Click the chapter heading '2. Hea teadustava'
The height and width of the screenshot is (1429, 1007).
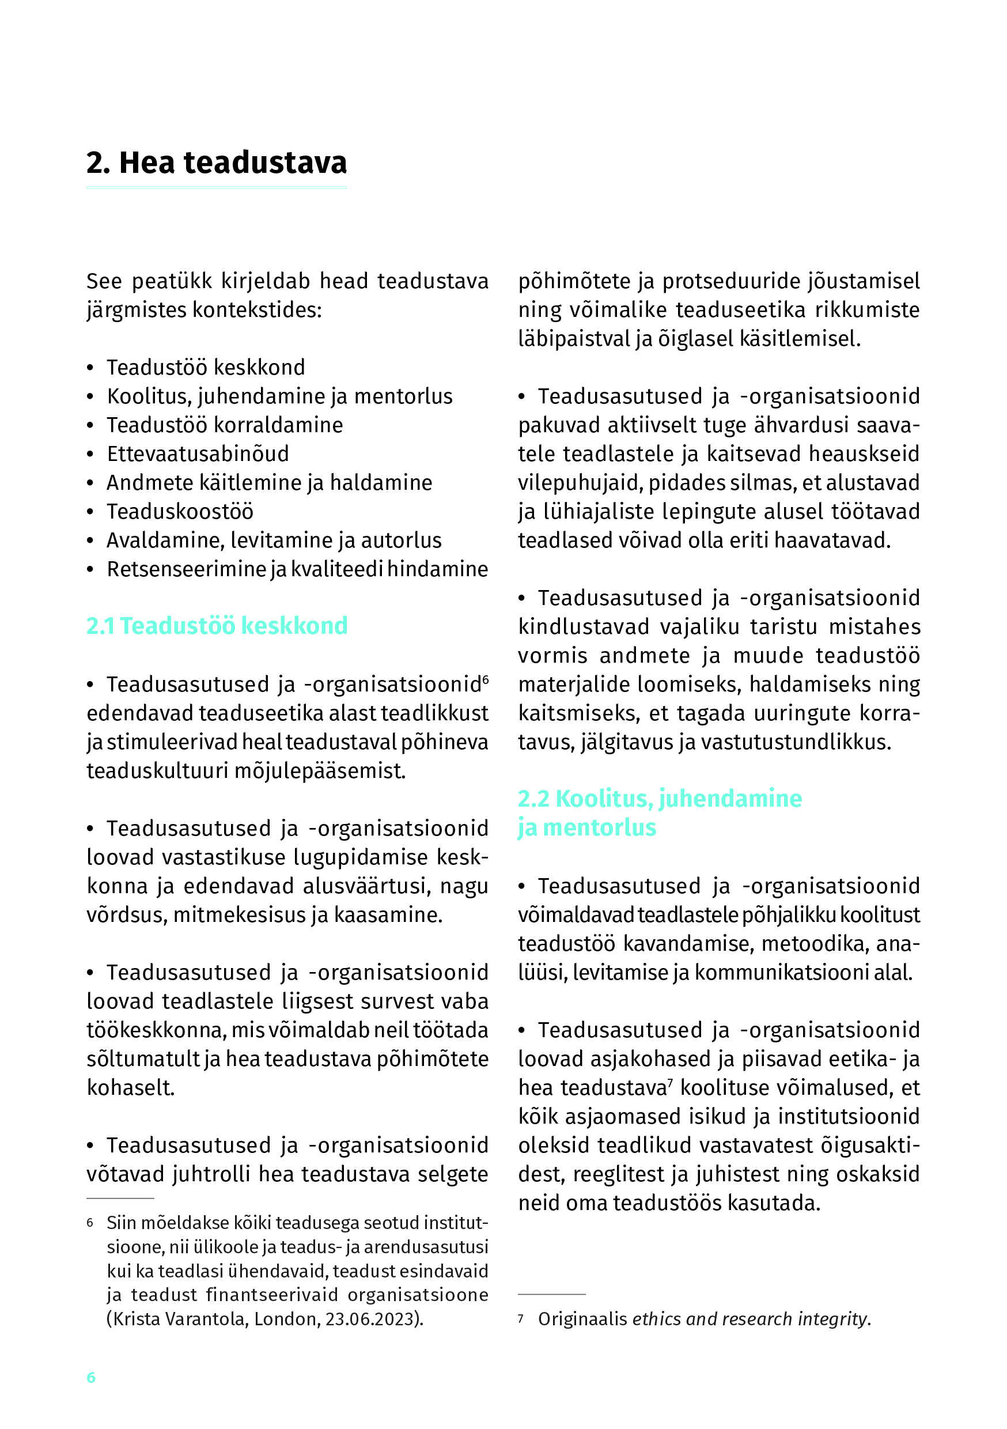tap(216, 163)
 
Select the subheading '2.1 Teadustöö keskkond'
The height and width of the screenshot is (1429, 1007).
tap(217, 626)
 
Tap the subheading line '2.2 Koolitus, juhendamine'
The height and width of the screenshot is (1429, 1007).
tap(660, 799)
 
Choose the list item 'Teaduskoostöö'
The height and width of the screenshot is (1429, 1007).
tap(180, 512)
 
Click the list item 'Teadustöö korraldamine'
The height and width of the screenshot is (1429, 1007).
tap(225, 425)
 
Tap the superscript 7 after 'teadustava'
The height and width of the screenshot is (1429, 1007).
tap(671, 1084)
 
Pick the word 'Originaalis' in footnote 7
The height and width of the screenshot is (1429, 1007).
tap(582, 1319)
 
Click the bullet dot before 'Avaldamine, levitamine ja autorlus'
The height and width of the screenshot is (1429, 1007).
tap(90, 541)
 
